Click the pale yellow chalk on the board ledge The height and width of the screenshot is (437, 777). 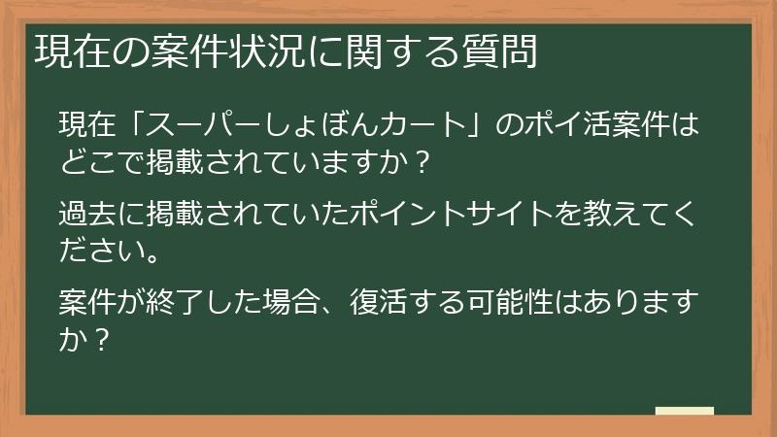coord(685,412)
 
